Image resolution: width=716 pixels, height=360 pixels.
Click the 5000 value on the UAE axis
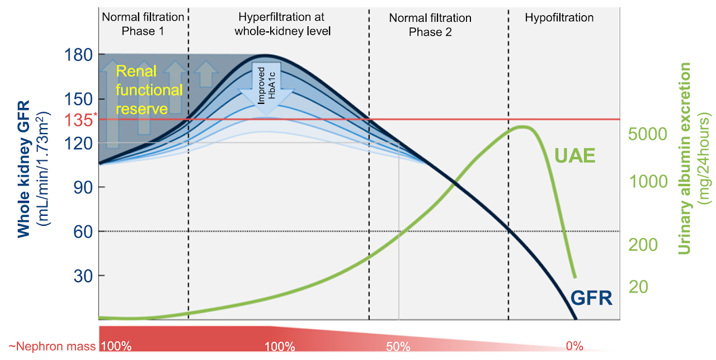tap(647, 135)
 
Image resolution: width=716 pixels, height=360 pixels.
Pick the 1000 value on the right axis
tap(647, 182)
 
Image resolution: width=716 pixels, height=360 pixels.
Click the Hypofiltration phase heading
tap(559, 18)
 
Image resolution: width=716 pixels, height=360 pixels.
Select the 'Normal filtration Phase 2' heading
tap(430, 25)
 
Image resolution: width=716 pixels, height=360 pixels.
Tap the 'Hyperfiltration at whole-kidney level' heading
tap(281, 24)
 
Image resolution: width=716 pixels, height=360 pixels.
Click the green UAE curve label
tap(574, 156)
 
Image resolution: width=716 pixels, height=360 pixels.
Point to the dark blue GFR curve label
tap(591, 298)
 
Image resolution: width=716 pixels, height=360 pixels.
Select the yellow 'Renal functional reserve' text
tap(149, 89)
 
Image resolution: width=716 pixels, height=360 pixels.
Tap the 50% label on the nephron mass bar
tap(398, 346)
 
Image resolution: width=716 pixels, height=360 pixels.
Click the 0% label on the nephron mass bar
tap(574, 346)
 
